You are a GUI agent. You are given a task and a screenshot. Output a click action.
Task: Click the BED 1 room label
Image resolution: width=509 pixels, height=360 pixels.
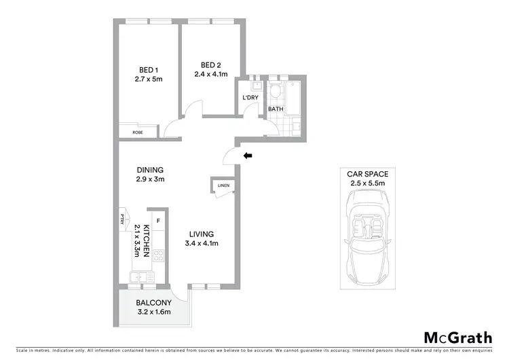click(149, 70)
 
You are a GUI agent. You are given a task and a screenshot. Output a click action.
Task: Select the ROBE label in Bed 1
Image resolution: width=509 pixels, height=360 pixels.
click(137, 132)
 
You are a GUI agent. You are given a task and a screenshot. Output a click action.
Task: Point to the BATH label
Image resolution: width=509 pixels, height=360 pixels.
click(276, 109)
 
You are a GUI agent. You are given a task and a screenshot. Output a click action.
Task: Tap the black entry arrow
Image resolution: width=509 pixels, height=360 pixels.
click(248, 156)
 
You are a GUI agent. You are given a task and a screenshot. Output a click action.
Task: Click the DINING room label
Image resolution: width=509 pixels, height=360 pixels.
click(150, 170)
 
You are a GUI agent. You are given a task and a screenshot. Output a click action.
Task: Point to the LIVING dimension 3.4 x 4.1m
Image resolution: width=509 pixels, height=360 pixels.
click(202, 243)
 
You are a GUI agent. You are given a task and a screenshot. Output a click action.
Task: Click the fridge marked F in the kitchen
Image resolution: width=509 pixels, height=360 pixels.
click(157, 221)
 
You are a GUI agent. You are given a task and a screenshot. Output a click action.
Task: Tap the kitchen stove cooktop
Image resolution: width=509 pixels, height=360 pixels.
click(160, 257)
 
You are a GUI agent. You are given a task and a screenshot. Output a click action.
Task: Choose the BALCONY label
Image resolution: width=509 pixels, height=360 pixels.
click(153, 302)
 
